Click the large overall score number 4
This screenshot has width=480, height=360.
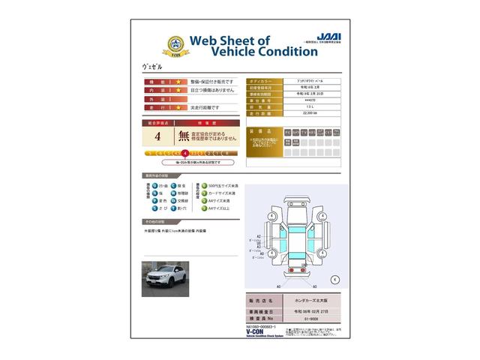tap(157, 137)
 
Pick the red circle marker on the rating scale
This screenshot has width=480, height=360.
tap(184, 154)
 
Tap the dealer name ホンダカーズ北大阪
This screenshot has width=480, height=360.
tap(308, 300)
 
